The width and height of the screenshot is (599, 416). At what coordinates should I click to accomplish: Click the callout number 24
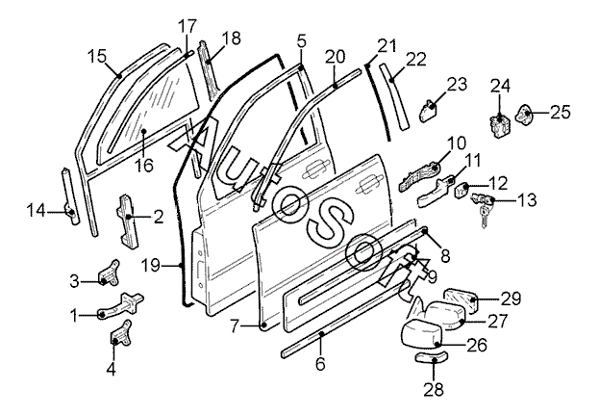[500, 86]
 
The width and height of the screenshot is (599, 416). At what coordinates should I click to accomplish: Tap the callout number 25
[560, 113]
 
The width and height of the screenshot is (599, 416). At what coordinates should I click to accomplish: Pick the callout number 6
[320, 364]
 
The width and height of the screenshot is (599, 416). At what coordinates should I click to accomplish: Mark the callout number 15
[97, 55]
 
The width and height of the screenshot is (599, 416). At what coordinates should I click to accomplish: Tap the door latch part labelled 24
[500, 123]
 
